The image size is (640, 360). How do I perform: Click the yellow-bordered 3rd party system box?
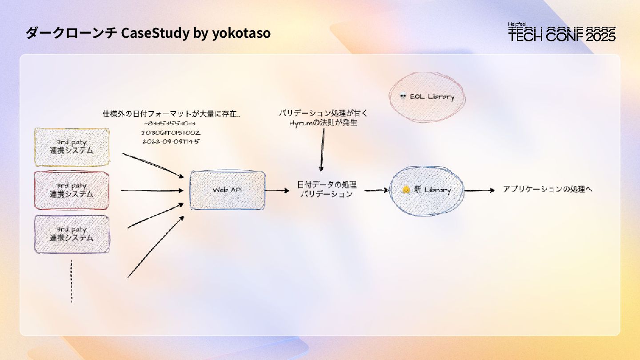coord(72,147)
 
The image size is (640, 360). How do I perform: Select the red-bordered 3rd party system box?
coord(72,190)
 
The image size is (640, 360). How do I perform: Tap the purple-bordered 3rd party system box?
coord(72,234)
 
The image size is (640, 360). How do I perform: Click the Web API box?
coord(227,190)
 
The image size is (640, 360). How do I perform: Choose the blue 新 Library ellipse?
coord(427,190)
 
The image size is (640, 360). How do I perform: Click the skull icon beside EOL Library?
coord(403,96)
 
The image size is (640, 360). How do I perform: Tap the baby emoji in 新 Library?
coord(406,190)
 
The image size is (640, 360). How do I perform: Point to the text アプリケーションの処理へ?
coord(548,189)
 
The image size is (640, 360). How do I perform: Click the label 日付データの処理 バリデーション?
coord(327,189)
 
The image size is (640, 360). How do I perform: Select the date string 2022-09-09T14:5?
coord(171,142)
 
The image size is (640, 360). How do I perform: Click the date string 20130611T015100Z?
coord(171,133)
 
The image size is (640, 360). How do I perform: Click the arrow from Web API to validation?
coord(277,191)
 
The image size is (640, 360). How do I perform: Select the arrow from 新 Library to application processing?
coord(479,191)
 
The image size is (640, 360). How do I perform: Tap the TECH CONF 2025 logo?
coord(562,32)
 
